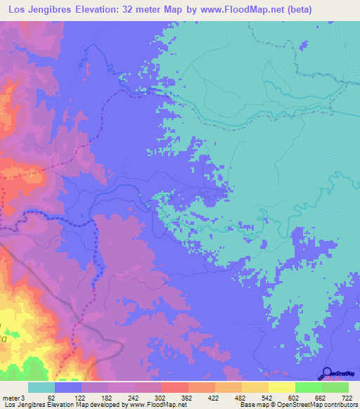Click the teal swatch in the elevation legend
pyautogui.click(x=41, y=387)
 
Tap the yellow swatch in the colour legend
pyautogui.click(x=281, y=387)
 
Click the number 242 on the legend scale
pyautogui.click(x=134, y=398)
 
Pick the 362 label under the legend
pyautogui.click(x=188, y=398)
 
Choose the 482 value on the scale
pyautogui.click(x=243, y=398)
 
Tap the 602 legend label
pyautogui.click(x=296, y=398)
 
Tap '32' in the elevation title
pyautogui.click(x=130, y=9)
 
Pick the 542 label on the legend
pyautogui.click(x=269, y=398)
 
